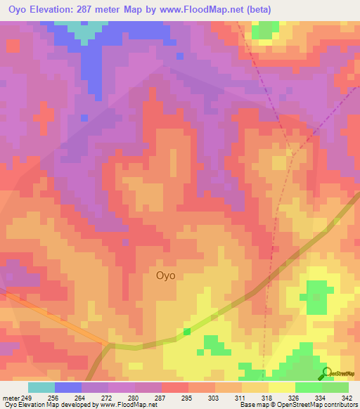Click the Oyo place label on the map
[x=165, y=276]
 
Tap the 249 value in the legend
[x=27, y=398]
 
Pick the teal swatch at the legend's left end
[x=41, y=387]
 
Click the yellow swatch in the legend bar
[x=281, y=387]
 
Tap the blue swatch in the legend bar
[x=68, y=387]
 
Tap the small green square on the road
[x=187, y=332]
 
